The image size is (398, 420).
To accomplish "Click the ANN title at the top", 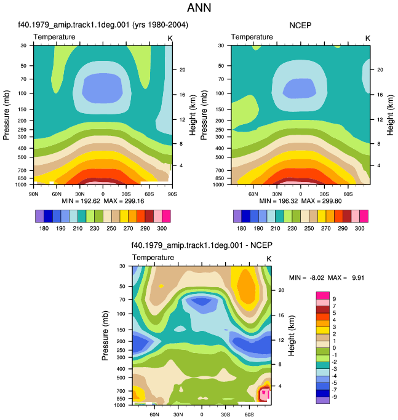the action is [199, 7].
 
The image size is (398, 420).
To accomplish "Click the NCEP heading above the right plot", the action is [300, 25].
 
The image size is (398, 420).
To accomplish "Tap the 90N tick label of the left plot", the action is [33, 194].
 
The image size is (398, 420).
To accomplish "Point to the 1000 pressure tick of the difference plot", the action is [119, 405].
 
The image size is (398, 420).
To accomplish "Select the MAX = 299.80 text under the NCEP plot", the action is [321, 201].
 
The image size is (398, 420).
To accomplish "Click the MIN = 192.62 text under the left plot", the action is [81, 201].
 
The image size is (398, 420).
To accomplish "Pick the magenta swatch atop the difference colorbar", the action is [323, 295].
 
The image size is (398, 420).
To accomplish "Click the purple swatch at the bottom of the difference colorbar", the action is [323, 400].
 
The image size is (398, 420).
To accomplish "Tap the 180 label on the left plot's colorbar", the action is [44, 228].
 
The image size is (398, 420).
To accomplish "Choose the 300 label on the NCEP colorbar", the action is [359, 228].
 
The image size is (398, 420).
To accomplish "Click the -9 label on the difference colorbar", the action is [334, 397].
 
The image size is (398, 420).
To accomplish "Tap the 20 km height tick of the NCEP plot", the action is [380, 69].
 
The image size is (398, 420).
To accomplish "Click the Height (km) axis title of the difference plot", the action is [292, 335].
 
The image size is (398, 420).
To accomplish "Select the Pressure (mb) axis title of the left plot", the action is [6, 115].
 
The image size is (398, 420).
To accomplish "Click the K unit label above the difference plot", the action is [269, 259].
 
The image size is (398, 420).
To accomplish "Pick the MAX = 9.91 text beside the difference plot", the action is [346, 277].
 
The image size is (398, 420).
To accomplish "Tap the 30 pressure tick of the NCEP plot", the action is [221, 46].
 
